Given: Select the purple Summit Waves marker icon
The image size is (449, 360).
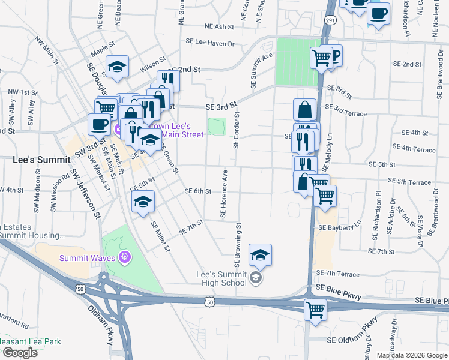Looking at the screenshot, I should pos(125,257).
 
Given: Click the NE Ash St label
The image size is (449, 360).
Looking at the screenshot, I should pos(218,27).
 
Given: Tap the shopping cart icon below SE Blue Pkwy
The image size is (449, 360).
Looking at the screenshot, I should pos(315,310).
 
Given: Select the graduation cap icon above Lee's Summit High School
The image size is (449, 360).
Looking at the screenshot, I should pos(260,255).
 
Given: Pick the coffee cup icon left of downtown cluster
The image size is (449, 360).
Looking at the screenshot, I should pos(99,124).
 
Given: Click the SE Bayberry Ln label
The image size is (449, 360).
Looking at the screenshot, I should pos(340,228).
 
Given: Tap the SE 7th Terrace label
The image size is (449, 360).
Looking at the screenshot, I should pos(337,274).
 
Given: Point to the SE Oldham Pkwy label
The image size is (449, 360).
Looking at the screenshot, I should pos(351,340).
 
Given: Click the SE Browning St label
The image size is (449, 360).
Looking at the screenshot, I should pos(237,245).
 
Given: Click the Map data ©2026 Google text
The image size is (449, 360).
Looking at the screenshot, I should pos(411,355).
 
